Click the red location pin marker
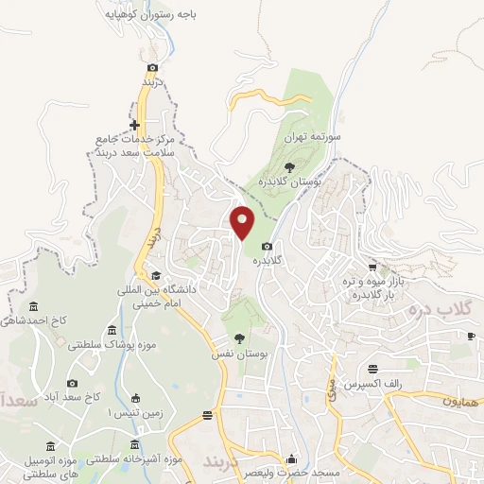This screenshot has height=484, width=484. coord(243,221)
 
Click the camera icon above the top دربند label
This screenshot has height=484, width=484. coord(153,67)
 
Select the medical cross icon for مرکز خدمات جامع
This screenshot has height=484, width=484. coord(134,125)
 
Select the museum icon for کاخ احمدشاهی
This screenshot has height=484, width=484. coord(34,307)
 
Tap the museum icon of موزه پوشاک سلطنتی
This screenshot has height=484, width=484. coord(112,331)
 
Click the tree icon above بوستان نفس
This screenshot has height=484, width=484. coord(237,337)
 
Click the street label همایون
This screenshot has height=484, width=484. coord(460,403)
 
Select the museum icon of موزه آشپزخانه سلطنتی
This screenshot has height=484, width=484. coord(134,444)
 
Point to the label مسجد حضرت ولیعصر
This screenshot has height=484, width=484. coord(280,471)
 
